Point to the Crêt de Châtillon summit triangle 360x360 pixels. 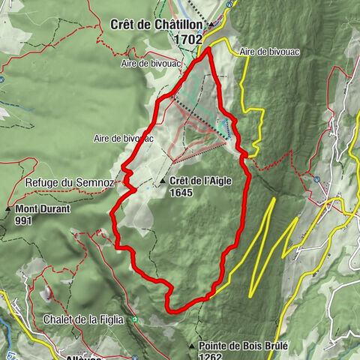[x=211, y=24]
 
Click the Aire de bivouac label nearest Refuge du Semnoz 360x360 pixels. [x=123, y=138]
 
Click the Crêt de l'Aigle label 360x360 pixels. [x=201, y=181]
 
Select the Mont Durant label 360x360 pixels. [x=43, y=209]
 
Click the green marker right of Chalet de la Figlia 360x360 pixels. [x=135, y=320]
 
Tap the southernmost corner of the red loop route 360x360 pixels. [x=169, y=308]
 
